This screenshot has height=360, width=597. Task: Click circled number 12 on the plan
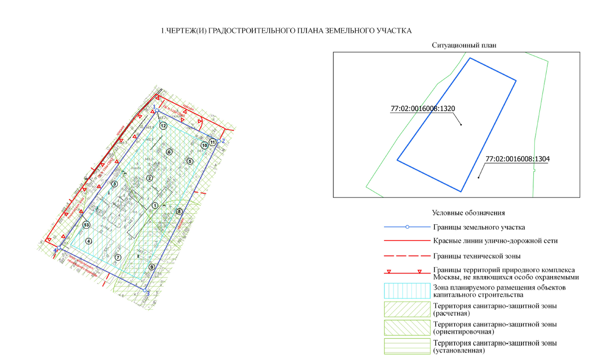click(163, 126)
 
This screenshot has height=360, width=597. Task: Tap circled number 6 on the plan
click(169, 152)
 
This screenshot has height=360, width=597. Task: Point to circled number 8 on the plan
click(180, 211)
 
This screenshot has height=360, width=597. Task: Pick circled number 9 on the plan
click(152, 267)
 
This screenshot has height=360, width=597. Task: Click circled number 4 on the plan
click(89, 241)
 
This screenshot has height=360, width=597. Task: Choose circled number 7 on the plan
click(118, 257)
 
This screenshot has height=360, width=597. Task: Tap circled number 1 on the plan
click(155, 205)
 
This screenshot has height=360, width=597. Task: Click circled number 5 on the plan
click(190, 161)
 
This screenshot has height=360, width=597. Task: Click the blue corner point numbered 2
click(218, 141)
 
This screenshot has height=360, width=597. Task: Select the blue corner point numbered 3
click(145, 289)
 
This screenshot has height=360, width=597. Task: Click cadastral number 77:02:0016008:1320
click(423, 108)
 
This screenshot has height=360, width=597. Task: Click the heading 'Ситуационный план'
click(465, 45)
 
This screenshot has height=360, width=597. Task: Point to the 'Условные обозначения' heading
click(469, 213)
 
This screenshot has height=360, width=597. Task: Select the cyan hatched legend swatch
click(406, 291)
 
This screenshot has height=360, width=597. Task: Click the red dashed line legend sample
click(406, 256)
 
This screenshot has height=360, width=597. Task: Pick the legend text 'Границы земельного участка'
click(479, 227)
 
